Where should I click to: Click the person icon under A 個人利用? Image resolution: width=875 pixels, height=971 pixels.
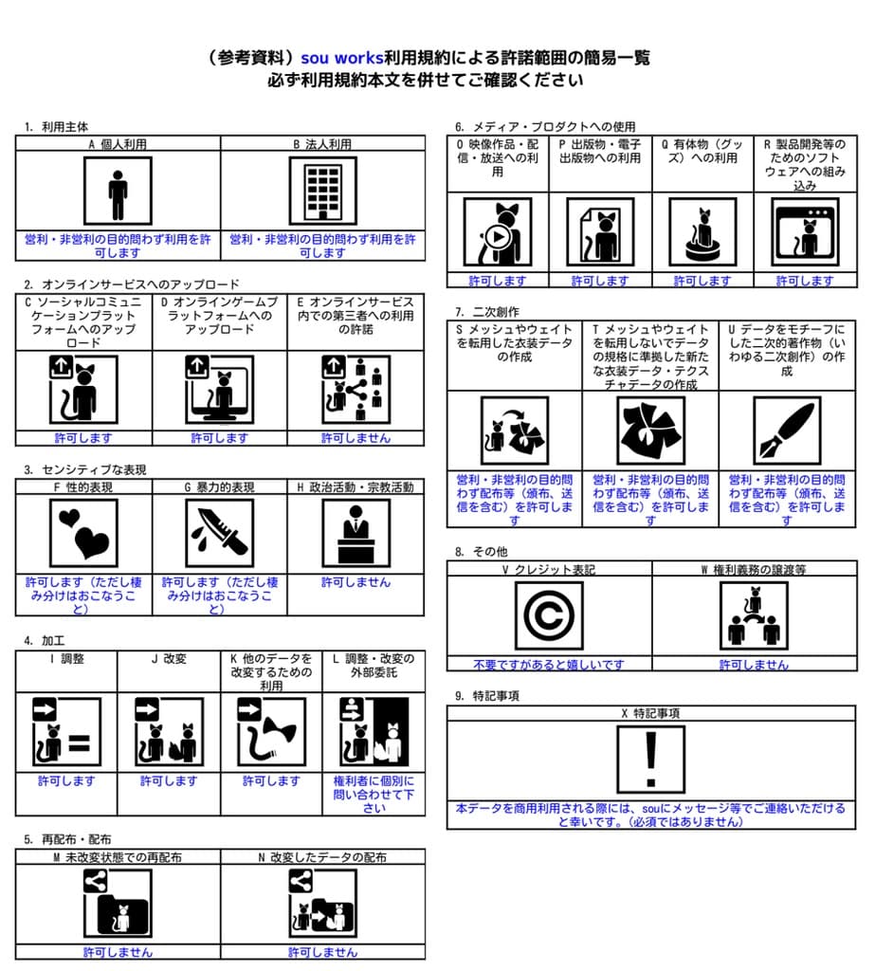point(118,192)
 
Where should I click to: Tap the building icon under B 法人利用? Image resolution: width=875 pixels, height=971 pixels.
point(323,192)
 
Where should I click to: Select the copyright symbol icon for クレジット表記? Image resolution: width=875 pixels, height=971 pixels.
point(549,616)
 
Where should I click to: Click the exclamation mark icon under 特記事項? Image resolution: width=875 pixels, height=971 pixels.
point(650,760)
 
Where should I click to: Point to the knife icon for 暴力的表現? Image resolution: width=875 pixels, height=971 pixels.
point(219,534)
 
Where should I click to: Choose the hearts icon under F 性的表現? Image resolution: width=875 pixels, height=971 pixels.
point(83,534)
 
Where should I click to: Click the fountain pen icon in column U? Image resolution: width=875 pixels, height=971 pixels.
point(787,430)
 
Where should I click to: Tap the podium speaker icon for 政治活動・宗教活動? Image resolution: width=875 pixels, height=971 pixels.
point(355,534)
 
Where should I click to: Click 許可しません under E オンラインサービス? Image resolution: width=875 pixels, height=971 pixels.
point(355,438)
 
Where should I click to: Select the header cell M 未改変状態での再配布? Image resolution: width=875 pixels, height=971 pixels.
point(118,856)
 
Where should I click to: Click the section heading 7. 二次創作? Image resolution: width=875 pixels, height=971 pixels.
point(487,311)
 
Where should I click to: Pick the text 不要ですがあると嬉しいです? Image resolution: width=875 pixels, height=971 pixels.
point(549,665)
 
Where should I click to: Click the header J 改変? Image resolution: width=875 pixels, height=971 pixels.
point(169,658)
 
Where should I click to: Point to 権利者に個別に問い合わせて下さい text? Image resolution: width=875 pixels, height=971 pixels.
point(374,795)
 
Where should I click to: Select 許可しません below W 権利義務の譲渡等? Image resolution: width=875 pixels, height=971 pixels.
point(754,665)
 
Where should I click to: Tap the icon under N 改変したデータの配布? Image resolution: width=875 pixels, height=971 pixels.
point(323,904)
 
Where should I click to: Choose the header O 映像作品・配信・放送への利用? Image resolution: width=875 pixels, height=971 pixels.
point(498,158)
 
